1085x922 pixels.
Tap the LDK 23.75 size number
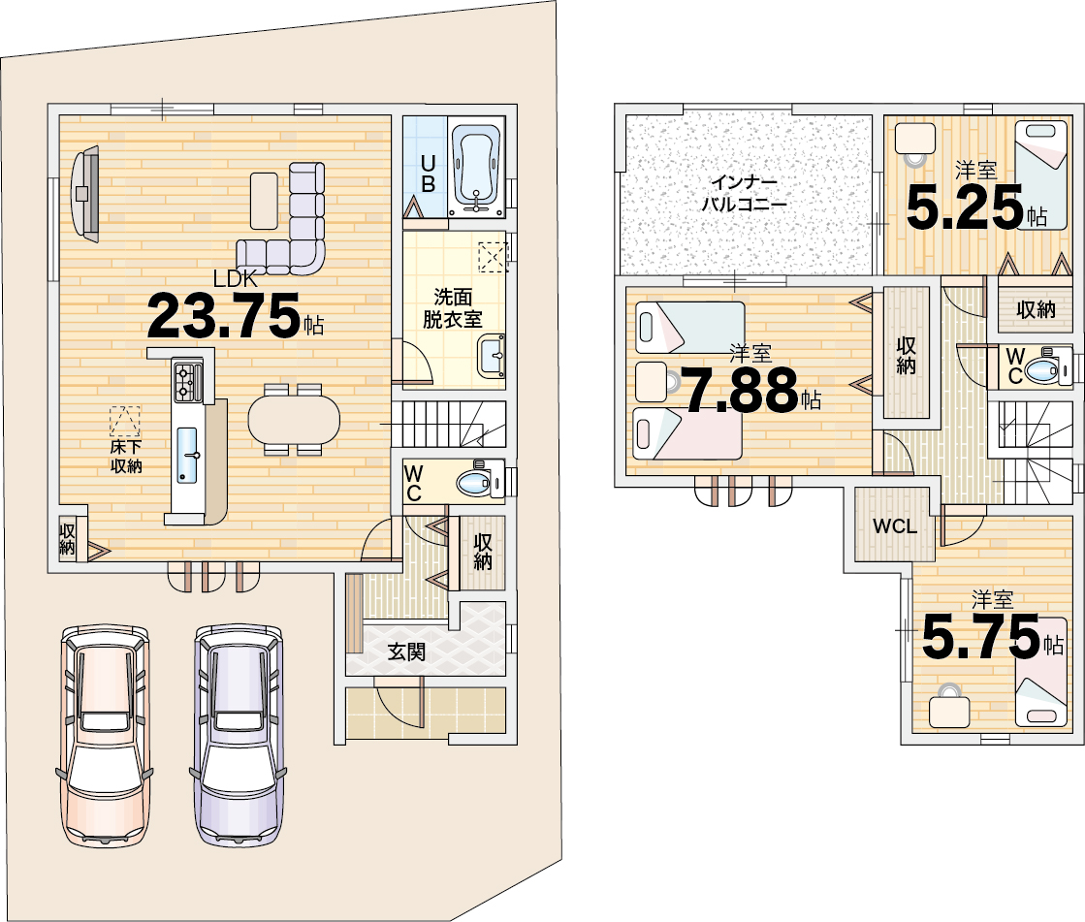tap(224, 315)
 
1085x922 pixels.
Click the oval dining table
tap(294, 418)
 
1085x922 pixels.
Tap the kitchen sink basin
tap(187, 455)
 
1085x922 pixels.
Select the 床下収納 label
tap(126, 457)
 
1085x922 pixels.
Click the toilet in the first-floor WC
tap(481, 479)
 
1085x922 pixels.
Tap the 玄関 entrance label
tap(406, 652)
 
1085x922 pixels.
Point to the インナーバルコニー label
tap(745, 194)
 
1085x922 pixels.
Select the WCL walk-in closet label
tap(895, 526)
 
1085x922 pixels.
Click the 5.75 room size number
tap(981, 637)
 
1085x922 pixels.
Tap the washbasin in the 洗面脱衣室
tap(492, 356)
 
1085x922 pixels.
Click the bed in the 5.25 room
tap(1041, 175)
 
